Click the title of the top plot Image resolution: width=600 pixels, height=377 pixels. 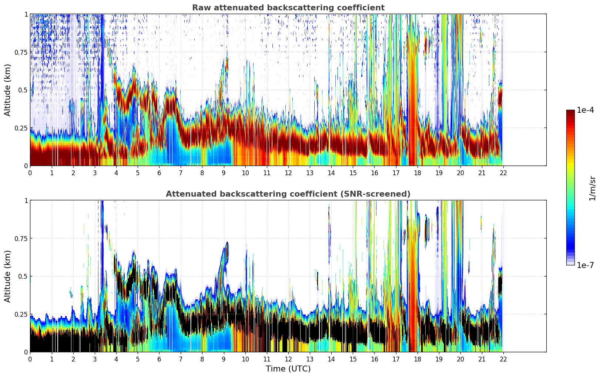pos(288,8)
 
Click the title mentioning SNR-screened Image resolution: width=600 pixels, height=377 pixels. pos(288,194)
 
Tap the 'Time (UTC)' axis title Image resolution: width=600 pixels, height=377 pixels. pos(288,369)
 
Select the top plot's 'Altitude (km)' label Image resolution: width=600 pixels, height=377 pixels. pos(8,90)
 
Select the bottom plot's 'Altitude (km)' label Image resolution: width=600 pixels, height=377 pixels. pos(8,276)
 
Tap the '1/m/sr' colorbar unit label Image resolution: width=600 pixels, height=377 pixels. pos(592,188)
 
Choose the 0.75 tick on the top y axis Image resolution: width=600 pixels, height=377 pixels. pos(21,52)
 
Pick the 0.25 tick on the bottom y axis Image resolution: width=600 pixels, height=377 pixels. pos(21,314)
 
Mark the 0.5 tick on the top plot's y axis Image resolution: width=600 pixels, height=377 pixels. pos(23,90)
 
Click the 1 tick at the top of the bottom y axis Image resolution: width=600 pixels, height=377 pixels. pos(26,201)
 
